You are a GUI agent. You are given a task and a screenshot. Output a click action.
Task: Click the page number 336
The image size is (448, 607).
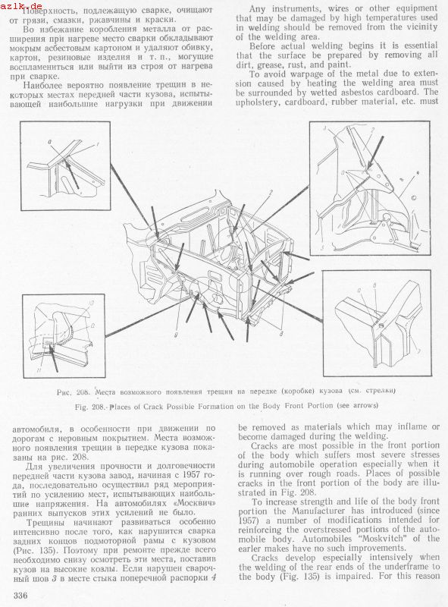(20, 595)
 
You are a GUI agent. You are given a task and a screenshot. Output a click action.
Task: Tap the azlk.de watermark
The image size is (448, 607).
(21, 5)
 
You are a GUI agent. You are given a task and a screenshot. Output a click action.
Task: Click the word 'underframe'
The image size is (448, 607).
(402, 567)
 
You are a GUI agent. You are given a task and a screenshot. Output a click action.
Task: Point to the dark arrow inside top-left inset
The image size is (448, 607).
(72, 175)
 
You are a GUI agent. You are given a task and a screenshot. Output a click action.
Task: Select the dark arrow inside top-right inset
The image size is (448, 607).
(375, 153)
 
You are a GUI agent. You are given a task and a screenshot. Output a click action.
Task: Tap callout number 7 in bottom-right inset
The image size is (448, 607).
(418, 351)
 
